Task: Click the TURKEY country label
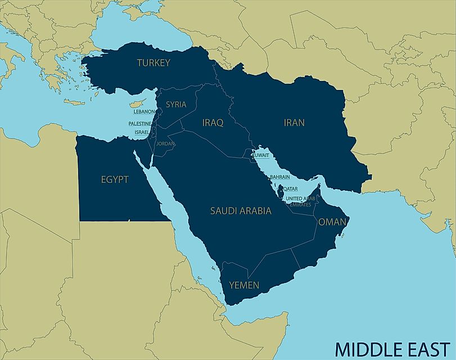(153, 63)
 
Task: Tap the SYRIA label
(175, 105)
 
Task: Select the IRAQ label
(213, 122)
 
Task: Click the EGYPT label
(115, 180)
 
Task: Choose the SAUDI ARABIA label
(241, 211)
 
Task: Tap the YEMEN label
(244, 285)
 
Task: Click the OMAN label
(332, 222)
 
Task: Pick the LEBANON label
(141, 112)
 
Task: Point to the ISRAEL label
(142, 132)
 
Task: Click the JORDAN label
(166, 144)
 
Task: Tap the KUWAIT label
(261, 155)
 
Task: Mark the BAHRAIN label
(279, 177)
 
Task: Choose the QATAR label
(290, 188)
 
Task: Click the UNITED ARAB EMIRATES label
(300, 201)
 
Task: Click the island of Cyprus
(135, 105)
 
